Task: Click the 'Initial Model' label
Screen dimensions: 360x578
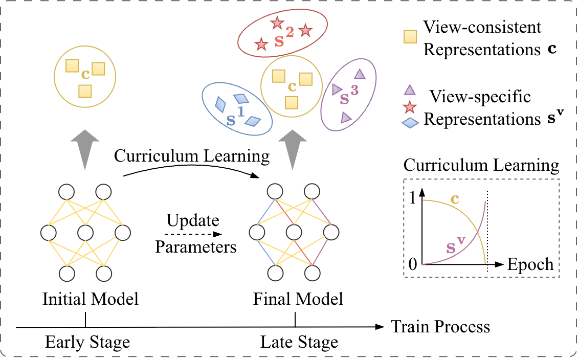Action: tap(91, 299)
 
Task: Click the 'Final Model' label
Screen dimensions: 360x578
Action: tap(298, 299)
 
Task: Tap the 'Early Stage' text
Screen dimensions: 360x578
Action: tap(87, 342)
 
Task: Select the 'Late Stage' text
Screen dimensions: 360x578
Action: tap(299, 342)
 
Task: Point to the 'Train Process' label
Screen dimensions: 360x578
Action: tap(440, 326)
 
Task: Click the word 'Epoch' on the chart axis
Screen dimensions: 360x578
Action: tap(530, 264)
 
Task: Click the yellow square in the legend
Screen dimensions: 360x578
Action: tap(409, 37)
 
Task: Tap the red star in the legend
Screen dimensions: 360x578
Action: tap(409, 107)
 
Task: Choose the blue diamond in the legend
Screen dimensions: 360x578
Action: tap(409, 123)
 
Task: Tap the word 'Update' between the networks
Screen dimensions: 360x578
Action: tap(193, 221)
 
